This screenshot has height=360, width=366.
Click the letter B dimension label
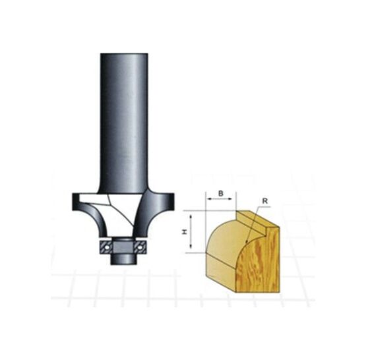coord(220,193)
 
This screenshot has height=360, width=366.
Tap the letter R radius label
coord(265,201)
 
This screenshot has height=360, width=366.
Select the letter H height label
coord(185,231)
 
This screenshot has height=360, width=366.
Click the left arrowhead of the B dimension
coord(209,198)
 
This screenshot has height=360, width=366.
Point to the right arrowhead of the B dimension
coord(230,198)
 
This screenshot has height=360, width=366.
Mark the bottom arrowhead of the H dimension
coord(191,245)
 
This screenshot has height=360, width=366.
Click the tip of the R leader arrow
coord(247,243)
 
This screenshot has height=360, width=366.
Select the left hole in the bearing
coord(107,247)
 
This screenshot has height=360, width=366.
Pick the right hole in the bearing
coord(140,247)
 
